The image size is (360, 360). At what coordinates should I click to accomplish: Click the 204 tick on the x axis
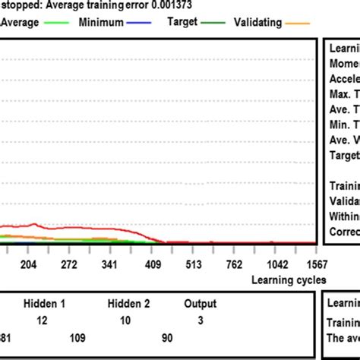28,264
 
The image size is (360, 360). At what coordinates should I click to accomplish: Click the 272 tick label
70,264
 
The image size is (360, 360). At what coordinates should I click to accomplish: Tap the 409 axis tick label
153,264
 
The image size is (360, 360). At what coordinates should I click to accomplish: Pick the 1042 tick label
276,264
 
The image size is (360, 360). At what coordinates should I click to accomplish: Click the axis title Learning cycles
289,279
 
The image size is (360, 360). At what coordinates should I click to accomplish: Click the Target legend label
182,23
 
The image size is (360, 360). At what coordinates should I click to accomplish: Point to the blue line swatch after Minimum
144,24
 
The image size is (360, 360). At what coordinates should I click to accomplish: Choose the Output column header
200,303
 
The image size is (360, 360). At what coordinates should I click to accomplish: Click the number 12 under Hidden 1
43,321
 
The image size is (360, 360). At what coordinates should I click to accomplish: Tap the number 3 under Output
200,321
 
